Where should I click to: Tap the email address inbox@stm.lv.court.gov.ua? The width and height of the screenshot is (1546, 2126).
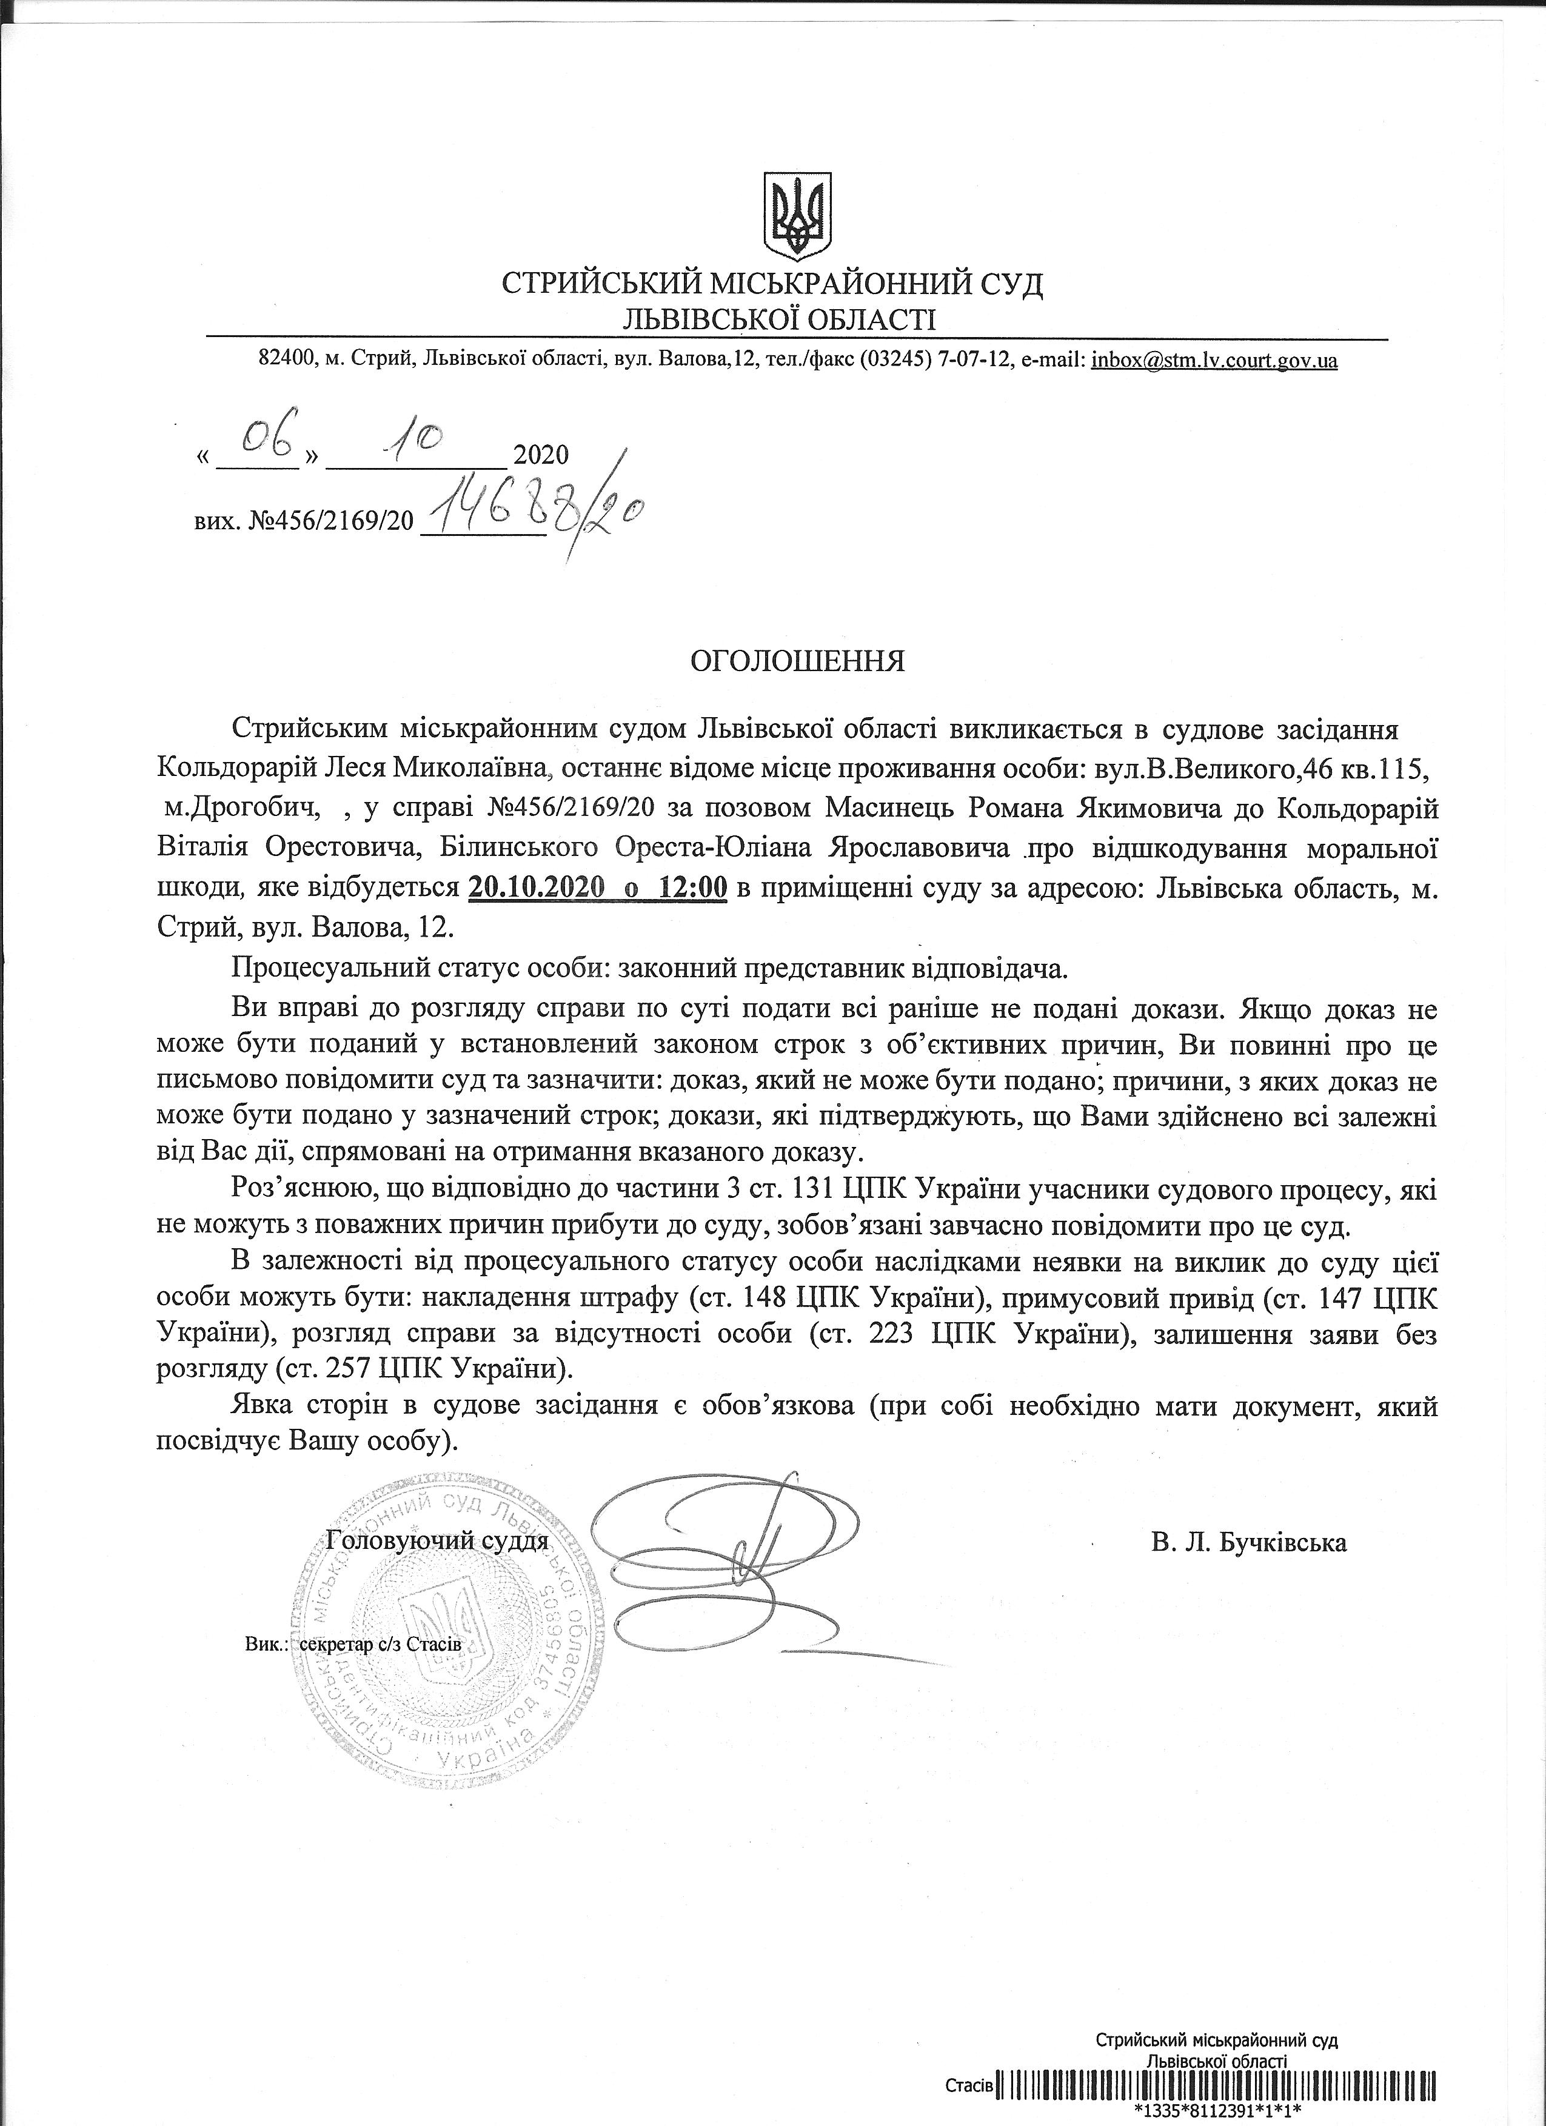click(x=1214, y=360)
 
